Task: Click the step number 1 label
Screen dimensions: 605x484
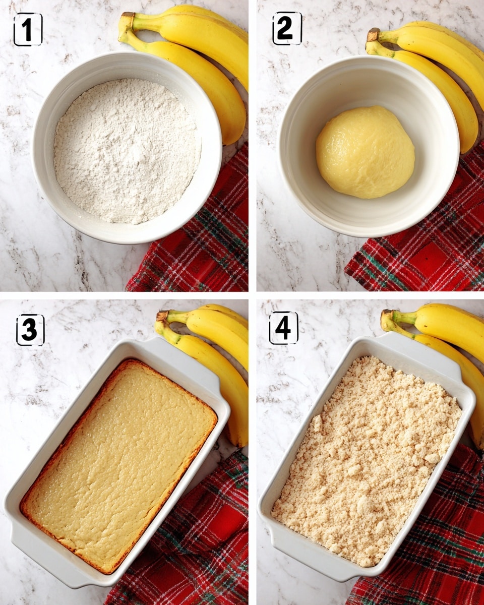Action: click(x=28, y=30)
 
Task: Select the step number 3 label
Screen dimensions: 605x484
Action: click(x=30, y=330)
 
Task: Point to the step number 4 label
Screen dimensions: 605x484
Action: click(x=283, y=328)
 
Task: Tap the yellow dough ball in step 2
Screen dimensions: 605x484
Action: click(x=365, y=151)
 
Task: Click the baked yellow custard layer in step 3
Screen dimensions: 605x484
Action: click(x=118, y=464)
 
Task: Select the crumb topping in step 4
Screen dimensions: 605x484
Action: click(x=367, y=459)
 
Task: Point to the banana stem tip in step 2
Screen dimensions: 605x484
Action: click(x=374, y=34)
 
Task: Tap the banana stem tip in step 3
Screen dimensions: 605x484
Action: click(x=162, y=316)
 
